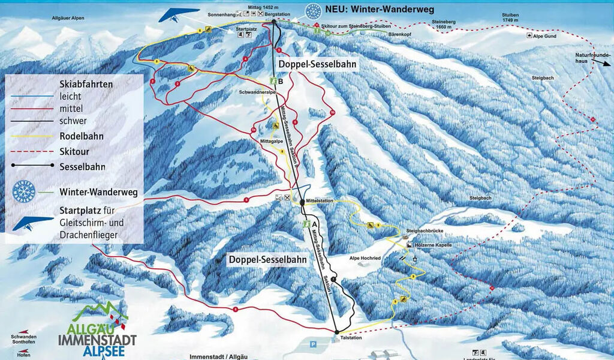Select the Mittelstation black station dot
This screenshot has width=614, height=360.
(303, 203)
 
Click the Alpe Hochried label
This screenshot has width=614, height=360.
(365, 257)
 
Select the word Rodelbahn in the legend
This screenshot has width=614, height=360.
(82, 136)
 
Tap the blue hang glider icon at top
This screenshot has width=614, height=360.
(178, 14)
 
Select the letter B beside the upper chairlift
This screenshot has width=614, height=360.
(281, 80)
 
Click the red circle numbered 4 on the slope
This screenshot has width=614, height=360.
(246, 59)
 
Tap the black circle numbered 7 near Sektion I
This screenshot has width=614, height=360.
(333, 280)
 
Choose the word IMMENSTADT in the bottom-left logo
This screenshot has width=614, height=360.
(97, 340)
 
